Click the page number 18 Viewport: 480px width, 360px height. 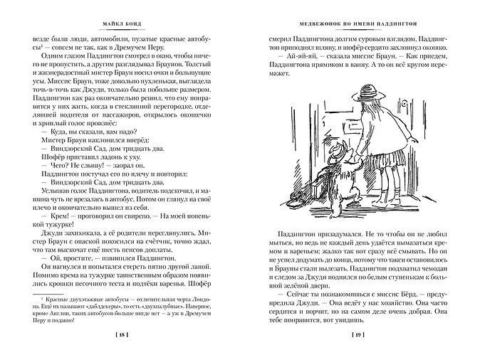pyautogui.click(x=124, y=334)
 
